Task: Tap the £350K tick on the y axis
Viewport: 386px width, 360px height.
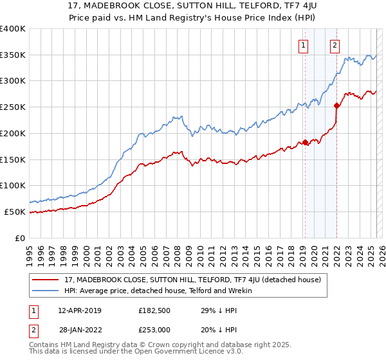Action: [x=13, y=55]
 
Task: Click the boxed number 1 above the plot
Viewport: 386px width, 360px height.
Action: [x=303, y=45]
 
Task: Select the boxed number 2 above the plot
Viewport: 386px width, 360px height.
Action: [x=335, y=45]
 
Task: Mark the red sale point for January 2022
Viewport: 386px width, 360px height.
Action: [x=336, y=105]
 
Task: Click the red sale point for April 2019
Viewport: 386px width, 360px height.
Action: [x=305, y=142]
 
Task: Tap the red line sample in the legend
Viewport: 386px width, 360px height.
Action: [x=47, y=279]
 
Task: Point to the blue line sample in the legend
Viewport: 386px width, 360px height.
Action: [x=47, y=291]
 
